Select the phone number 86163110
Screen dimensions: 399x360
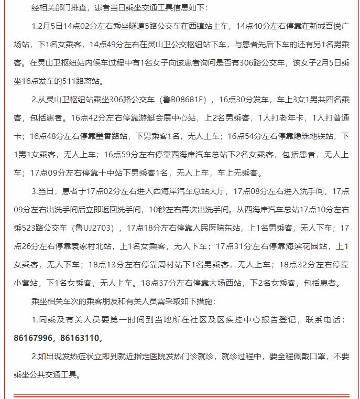pyautogui.click(x=79, y=338)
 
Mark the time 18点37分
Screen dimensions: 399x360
pyautogui.click(x=161, y=283)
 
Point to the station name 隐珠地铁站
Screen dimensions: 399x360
pyautogui.click(x=310, y=136)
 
